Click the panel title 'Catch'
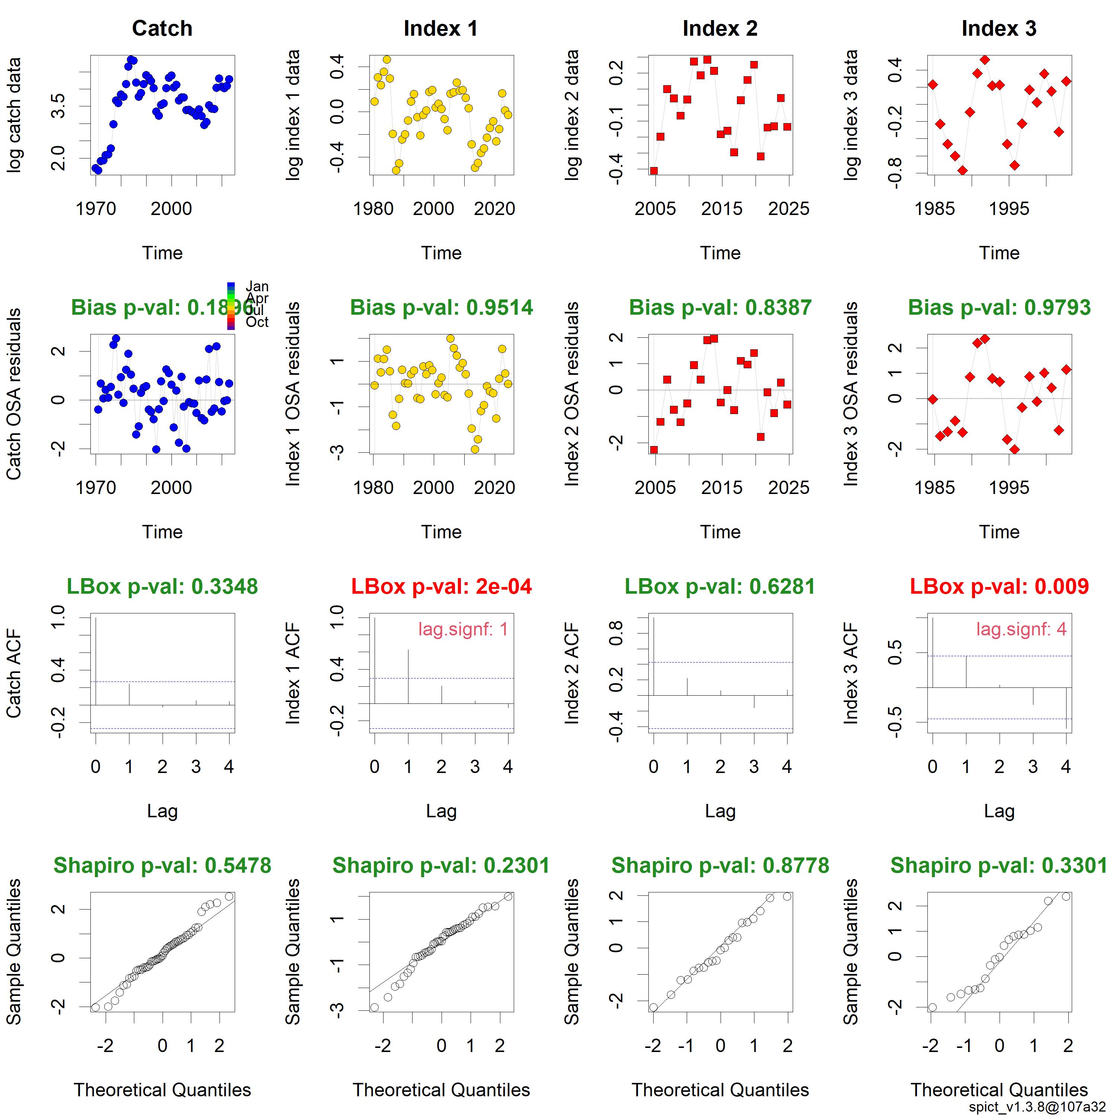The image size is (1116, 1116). [x=162, y=28]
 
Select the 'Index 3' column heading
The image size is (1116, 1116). [x=999, y=28]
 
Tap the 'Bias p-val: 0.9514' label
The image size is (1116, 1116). [x=441, y=307]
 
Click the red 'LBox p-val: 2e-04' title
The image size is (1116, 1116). [x=441, y=586]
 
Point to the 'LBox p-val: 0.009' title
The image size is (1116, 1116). [x=999, y=586]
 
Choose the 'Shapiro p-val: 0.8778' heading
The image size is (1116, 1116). [x=720, y=865]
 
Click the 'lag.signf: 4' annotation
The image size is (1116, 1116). [x=1021, y=629]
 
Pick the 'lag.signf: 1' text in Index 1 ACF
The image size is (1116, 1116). [x=463, y=629]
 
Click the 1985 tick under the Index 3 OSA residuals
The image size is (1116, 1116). [x=934, y=488]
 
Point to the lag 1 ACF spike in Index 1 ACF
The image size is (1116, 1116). [x=408, y=676]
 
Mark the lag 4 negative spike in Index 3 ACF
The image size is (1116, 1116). [x=1066, y=708]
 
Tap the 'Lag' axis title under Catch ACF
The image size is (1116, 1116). [x=162, y=811]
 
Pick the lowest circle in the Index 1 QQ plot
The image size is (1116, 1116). [x=374, y=1007]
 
